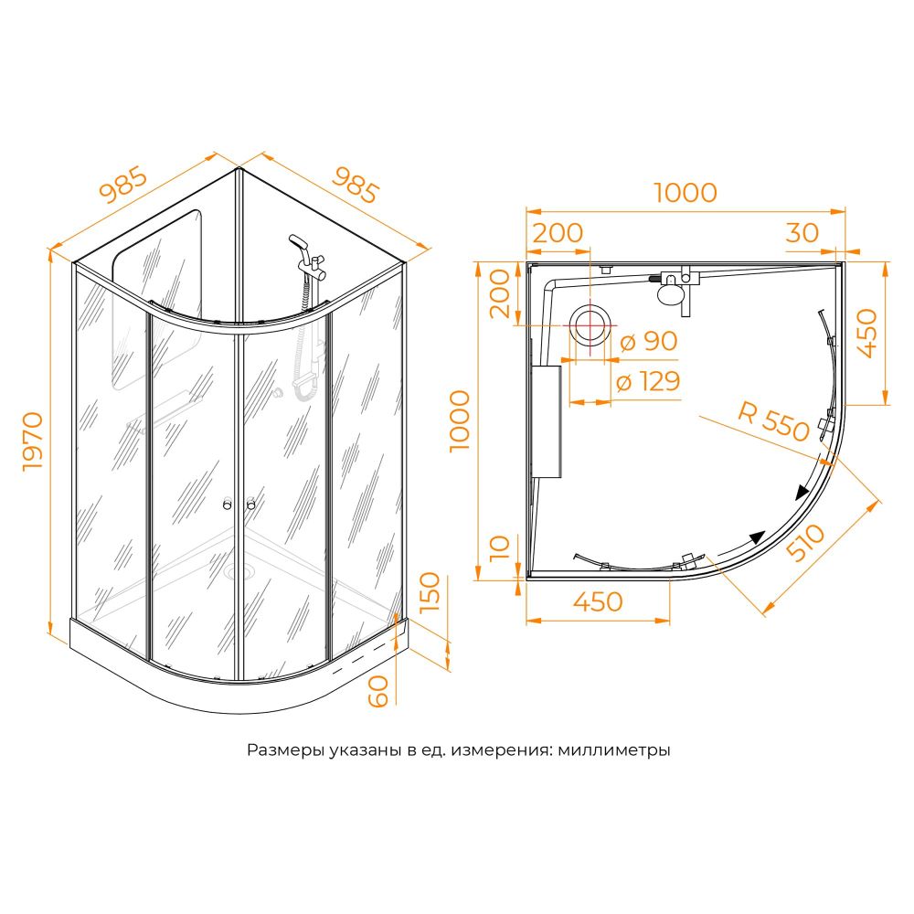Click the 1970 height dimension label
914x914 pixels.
click(x=33, y=441)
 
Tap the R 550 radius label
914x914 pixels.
click(x=774, y=420)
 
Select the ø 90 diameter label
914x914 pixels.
click(x=649, y=342)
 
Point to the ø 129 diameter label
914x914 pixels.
click(x=648, y=382)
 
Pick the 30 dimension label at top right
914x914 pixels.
click(x=802, y=232)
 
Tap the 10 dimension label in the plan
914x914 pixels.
click(x=500, y=547)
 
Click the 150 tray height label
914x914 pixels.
click(x=430, y=591)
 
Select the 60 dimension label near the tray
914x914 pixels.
click(x=378, y=691)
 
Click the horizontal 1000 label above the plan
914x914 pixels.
click(x=685, y=192)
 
